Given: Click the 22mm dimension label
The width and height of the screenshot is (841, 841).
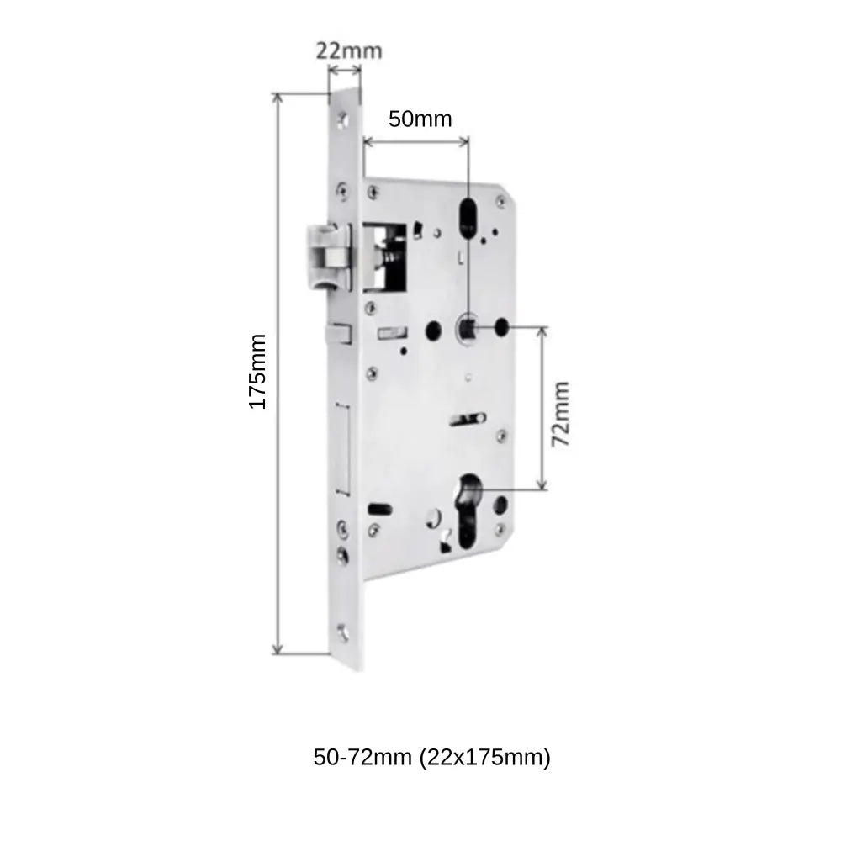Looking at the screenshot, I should [x=349, y=50].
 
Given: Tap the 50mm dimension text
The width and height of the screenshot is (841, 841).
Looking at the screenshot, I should [x=420, y=119].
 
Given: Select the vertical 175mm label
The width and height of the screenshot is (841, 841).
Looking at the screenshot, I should [x=257, y=372].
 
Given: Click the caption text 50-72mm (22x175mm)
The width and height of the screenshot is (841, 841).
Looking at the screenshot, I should [x=432, y=757].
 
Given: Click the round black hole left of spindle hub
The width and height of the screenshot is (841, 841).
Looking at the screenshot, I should [x=435, y=328].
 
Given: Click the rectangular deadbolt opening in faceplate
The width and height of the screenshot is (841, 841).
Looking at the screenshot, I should [x=343, y=447].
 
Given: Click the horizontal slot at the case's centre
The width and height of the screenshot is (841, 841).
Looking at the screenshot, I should [x=468, y=417].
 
